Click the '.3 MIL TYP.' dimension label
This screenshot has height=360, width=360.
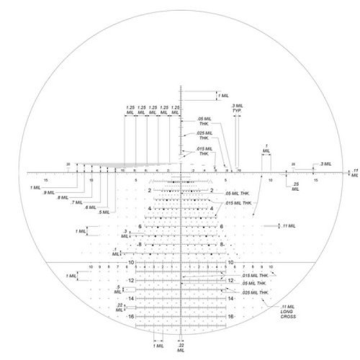point(236,109)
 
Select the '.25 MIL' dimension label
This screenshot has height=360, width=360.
point(296,186)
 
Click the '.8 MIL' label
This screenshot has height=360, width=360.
point(62,197)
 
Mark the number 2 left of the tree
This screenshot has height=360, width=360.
point(149,191)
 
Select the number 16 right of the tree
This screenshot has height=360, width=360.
point(231,316)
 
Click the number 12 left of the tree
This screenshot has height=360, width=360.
point(131,280)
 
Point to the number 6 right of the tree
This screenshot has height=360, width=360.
point(222,227)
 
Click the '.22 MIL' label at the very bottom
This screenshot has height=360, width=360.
point(181,348)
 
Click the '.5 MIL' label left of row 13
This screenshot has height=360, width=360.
point(117,289)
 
